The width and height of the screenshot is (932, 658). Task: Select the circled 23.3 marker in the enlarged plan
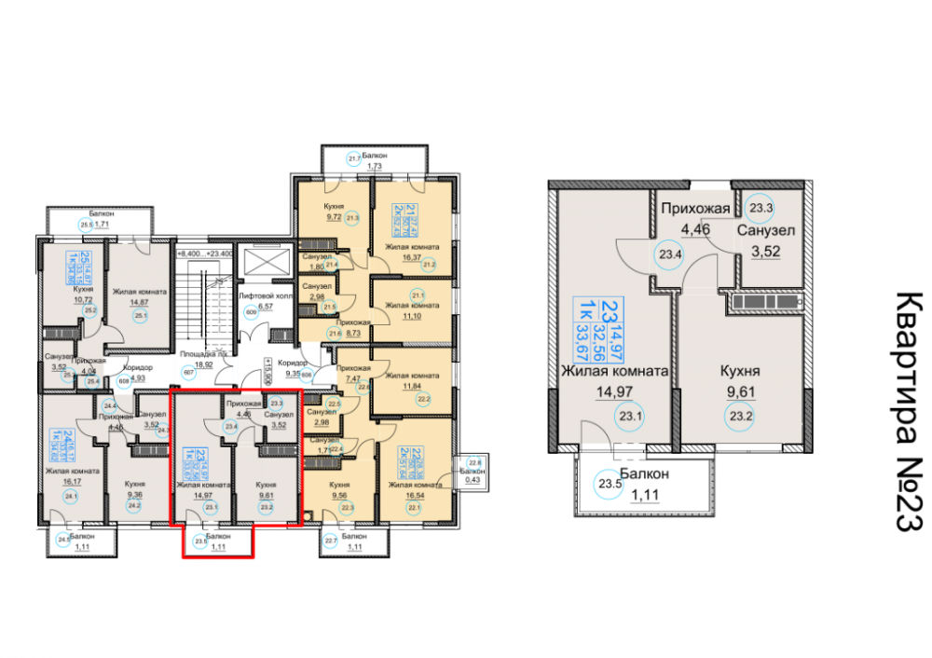point(761,210)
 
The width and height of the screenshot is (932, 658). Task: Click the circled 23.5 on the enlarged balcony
point(610,483)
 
